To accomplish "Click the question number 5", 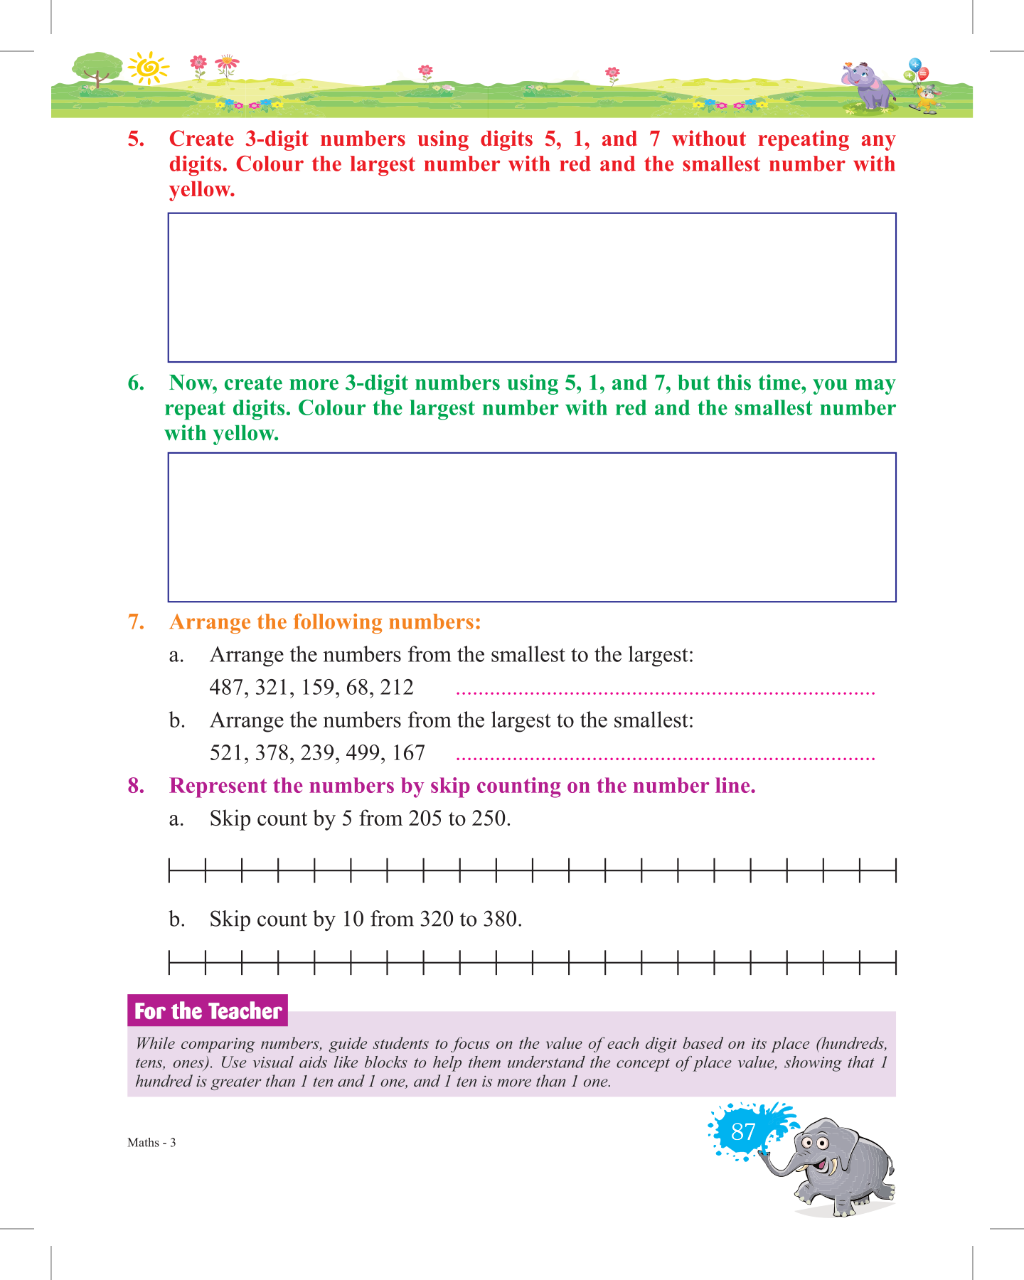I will [x=136, y=139].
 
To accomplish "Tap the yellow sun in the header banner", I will [x=149, y=68].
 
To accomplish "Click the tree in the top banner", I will [x=97, y=70].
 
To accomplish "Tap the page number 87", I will [x=743, y=1131].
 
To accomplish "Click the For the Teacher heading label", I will [x=208, y=1010].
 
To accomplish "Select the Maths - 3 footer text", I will [x=151, y=1143].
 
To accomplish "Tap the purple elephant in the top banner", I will [x=868, y=85].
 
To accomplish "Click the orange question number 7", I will [x=136, y=622].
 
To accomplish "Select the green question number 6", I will [x=136, y=383].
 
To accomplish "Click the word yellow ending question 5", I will [x=201, y=190].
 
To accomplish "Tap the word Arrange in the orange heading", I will [x=210, y=622].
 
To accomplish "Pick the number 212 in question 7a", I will [x=397, y=688].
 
